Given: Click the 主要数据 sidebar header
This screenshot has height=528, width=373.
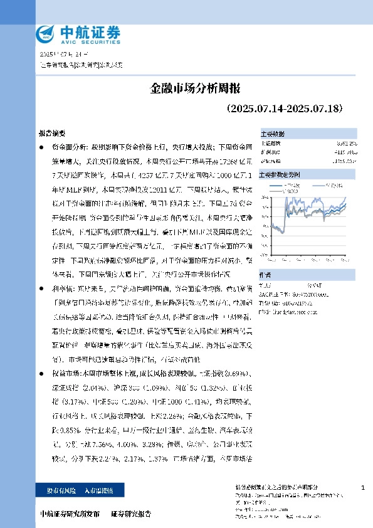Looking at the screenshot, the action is [272, 134].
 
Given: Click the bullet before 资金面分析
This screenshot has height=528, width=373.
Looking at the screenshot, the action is [41, 147].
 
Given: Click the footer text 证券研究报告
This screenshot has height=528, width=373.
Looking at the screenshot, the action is [131, 513].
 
